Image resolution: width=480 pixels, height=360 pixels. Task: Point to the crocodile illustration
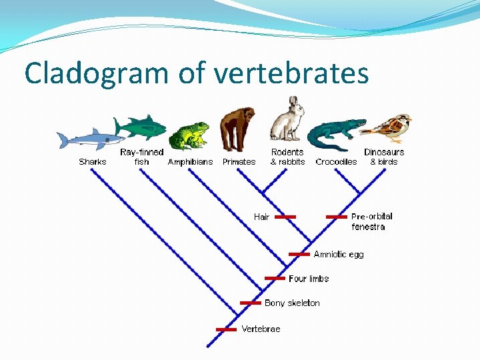click(337, 134)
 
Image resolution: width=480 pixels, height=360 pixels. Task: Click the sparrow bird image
click(390, 127)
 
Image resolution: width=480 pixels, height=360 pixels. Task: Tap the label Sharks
click(92, 162)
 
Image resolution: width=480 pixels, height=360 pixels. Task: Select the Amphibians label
click(190, 162)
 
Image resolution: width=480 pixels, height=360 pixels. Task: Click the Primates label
click(239, 162)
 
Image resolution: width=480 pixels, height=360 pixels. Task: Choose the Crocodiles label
click(336, 162)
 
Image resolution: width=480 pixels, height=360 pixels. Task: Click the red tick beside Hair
click(285, 217)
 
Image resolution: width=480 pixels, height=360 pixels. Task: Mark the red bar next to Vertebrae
click(227, 329)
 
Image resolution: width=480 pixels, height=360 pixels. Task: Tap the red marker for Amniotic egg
click(299, 254)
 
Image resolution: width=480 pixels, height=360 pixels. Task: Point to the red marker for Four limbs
click(275, 278)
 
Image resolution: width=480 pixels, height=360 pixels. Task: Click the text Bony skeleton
click(292, 303)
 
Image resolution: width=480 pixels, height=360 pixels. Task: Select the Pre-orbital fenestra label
click(371, 221)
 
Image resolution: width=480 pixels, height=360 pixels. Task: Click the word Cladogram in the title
click(97, 73)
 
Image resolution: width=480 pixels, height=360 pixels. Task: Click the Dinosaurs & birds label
click(384, 157)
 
